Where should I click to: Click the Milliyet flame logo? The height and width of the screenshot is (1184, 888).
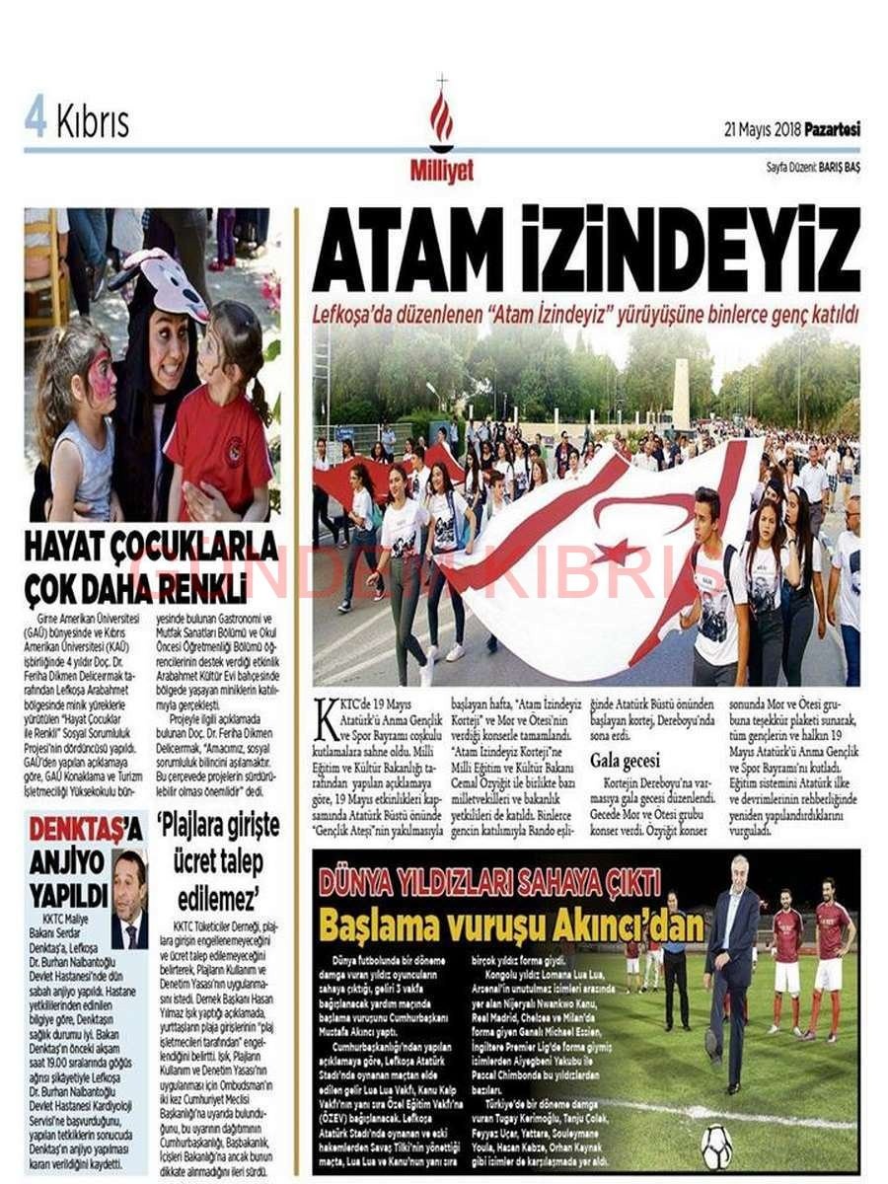click(x=441, y=116)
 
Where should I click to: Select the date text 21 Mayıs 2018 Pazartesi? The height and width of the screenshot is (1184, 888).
click(x=791, y=129)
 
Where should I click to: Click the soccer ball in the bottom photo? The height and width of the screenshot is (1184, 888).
click(x=716, y=1147)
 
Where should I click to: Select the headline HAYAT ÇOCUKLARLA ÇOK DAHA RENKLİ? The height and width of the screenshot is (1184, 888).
click(x=150, y=564)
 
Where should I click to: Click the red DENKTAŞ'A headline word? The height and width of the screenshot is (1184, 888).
click(x=85, y=828)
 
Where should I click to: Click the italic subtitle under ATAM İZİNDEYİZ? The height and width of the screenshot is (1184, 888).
click(x=586, y=314)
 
